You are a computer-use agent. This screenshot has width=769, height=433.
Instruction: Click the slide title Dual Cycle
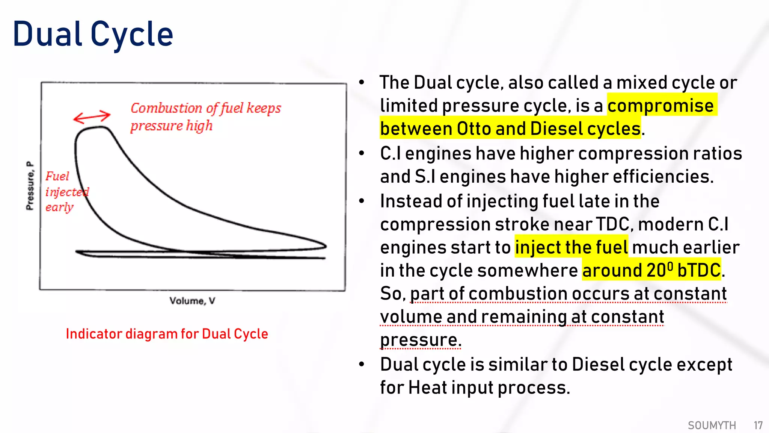click(93, 35)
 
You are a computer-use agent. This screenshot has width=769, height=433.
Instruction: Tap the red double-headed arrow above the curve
click(92, 117)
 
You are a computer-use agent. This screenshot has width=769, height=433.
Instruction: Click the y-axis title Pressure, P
click(30, 186)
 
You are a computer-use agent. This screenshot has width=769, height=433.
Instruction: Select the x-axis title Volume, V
click(192, 301)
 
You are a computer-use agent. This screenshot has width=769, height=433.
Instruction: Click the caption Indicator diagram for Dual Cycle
click(167, 334)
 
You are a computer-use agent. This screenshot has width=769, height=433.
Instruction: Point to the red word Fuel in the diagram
click(57, 176)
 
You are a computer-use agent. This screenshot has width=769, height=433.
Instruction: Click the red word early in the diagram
click(59, 207)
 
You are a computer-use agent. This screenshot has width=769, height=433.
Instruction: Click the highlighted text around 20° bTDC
click(651, 271)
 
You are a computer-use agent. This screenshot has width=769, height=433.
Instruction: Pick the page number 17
click(758, 425)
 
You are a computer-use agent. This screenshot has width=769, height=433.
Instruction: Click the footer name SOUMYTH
click(712, 425)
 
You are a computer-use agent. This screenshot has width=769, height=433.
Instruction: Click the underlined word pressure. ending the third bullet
click(421, 340)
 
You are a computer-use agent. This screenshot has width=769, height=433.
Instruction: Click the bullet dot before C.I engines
click(362, 153)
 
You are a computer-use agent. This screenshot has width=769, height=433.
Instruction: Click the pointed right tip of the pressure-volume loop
click(326, 246)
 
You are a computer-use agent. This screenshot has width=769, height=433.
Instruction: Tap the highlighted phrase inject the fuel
click(571, 247)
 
